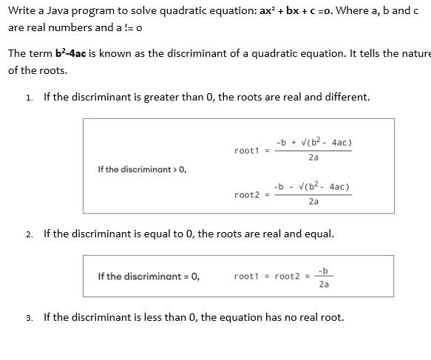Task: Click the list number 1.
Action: click(x=28, y=98)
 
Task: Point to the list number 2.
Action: click(x=28, y=234)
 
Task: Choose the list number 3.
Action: click(x=28, y=318)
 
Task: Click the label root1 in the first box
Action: click(x=246, y=151)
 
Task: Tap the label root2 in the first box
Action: click(x=246, y=195)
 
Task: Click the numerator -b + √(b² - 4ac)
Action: click(x=313, y=142)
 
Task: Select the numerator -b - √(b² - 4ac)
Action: click(x=312, y=186)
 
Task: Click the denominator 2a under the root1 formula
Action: click(x=313, y=157)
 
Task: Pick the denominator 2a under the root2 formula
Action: click(x=313, y=202)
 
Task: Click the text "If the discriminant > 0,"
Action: click(x=142, y=169)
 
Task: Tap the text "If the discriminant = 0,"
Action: click(x=149, y=276)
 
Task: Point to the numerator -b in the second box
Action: click(x=323, y=270)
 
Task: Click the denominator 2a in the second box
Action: click(x=324, y=284)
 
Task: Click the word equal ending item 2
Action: click(x=319, y=234)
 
